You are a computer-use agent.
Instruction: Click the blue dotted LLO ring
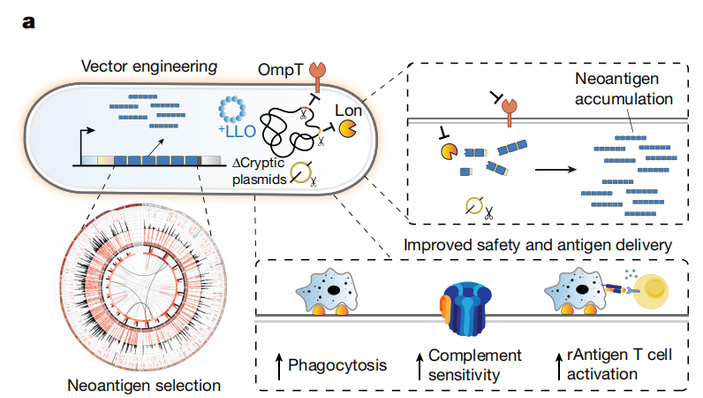235,109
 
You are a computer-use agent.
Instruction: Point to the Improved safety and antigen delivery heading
545,244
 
